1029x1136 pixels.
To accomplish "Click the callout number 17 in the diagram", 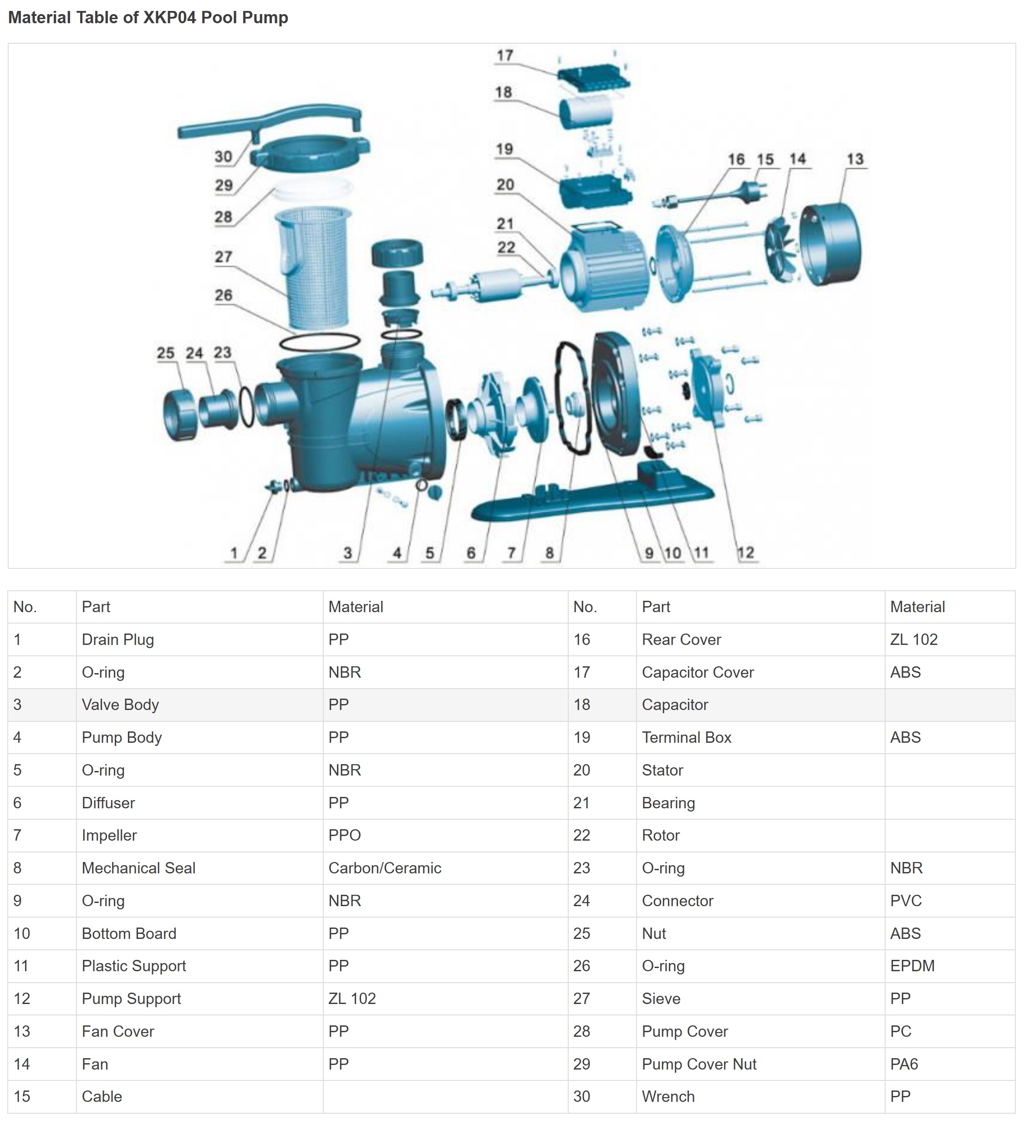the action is [x=504, y=55].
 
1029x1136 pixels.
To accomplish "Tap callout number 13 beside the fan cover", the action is [x=855, y=159].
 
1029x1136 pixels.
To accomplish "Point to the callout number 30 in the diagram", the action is [x=223, y=157].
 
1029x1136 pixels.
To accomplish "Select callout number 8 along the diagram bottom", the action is [x=549, y=553].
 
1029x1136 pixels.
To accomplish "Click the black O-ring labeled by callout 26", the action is [x=320, y=341].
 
